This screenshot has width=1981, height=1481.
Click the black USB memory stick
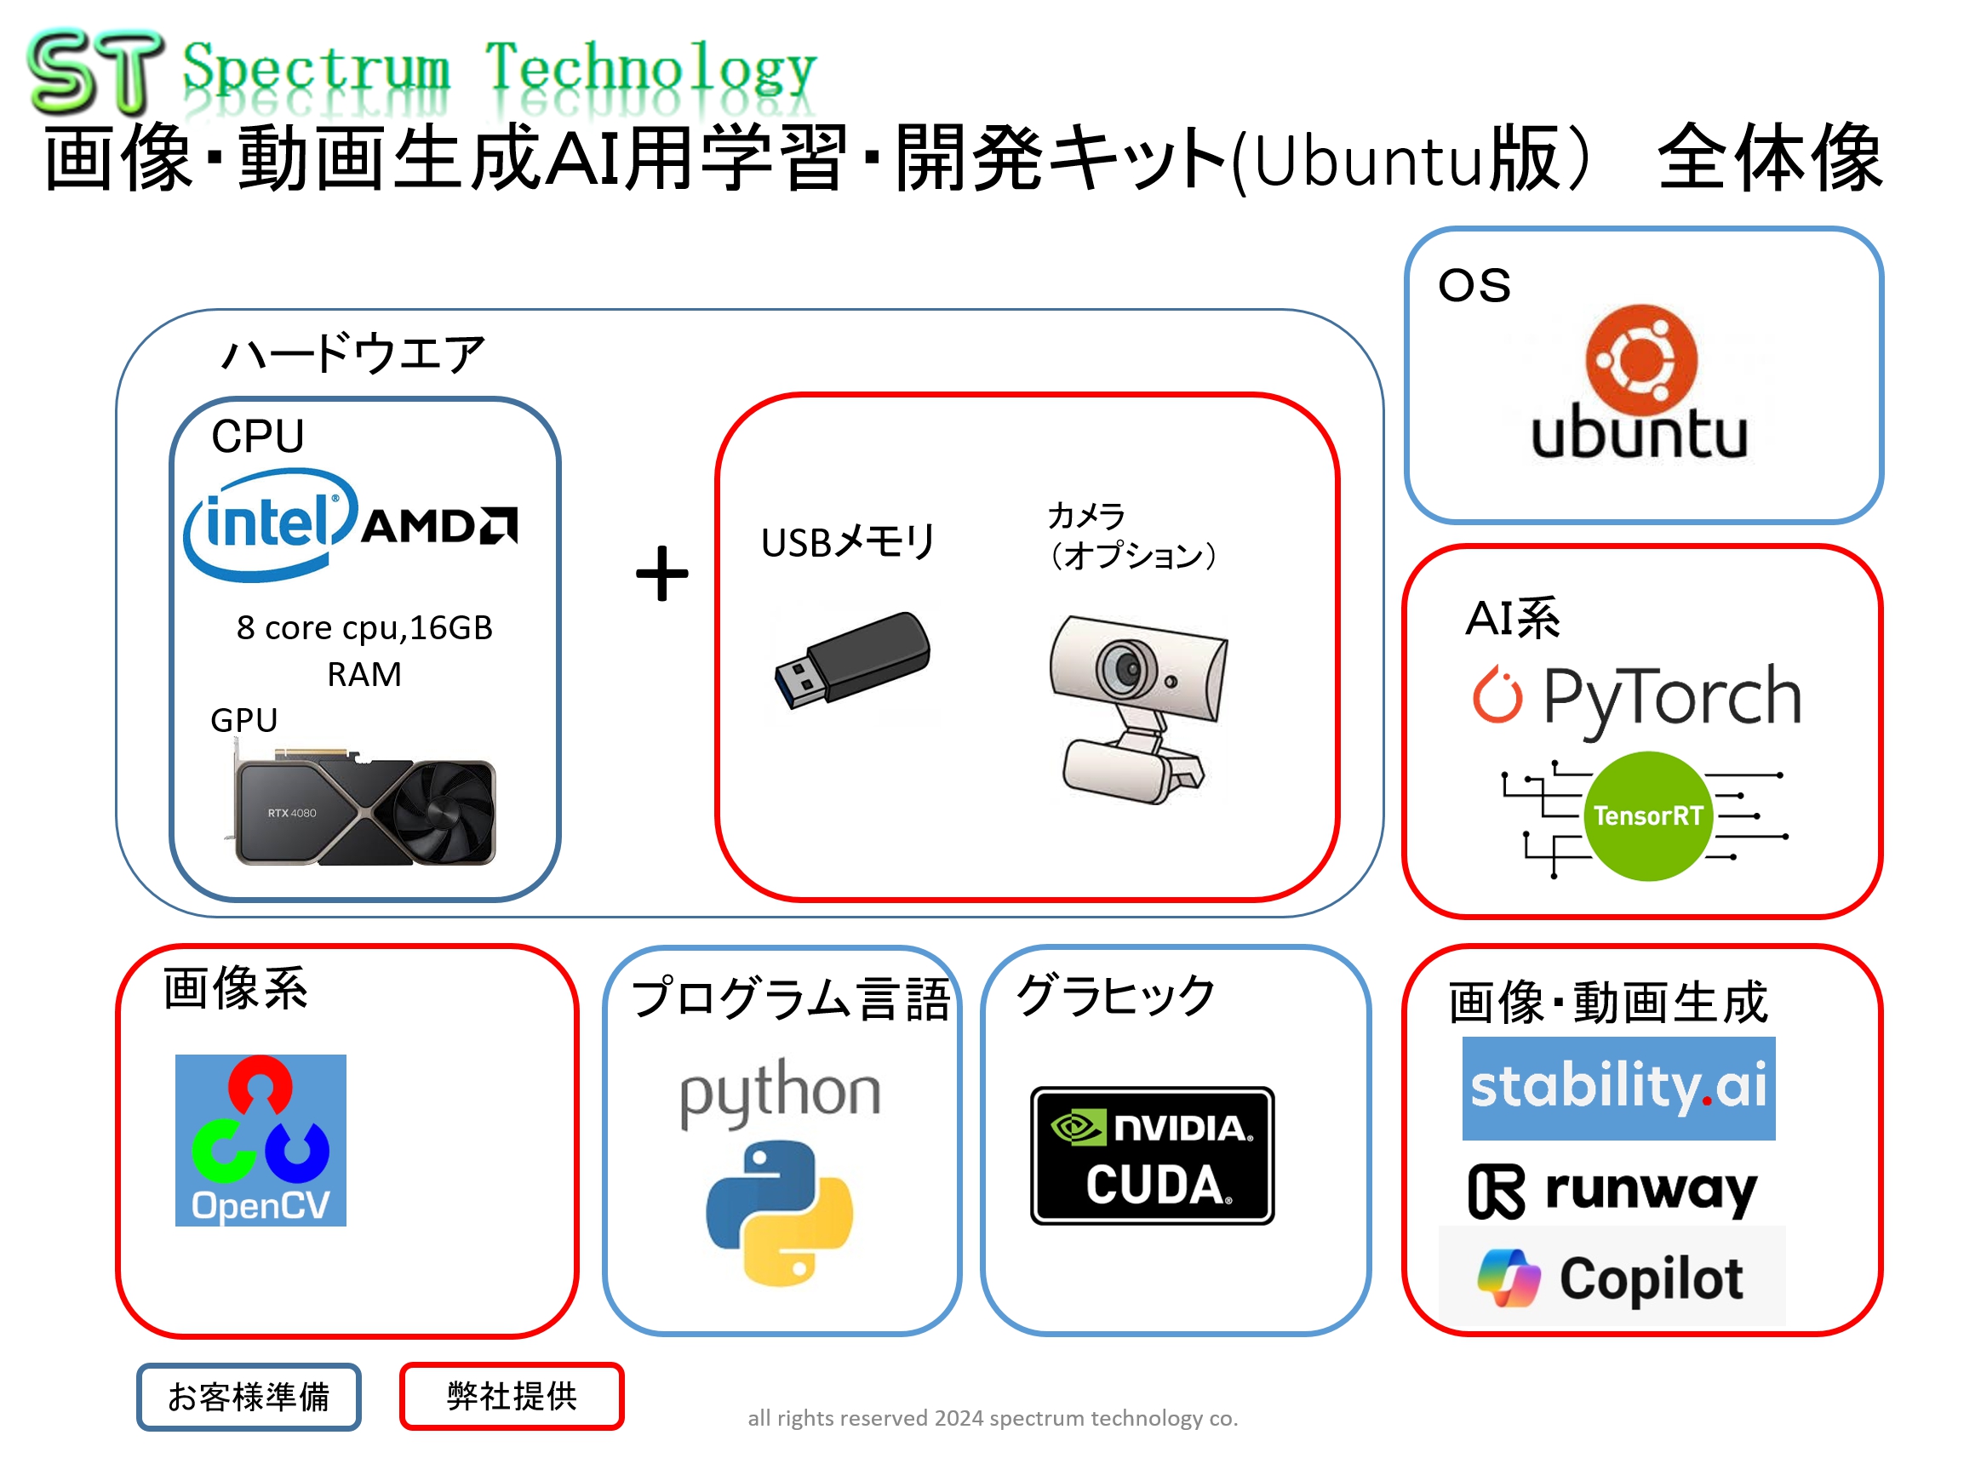(851, 659)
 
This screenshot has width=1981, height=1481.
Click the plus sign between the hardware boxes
(661, 573)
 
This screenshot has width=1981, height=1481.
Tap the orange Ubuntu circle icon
(1640, 360)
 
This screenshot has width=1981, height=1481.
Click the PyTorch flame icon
(1497, 694)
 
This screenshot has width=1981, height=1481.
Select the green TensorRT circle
(1648, 815)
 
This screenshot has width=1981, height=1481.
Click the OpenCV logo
(261, 1140)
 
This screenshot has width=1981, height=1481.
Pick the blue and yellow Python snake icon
(779, 1212)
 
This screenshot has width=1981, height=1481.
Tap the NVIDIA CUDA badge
(1152, 1155)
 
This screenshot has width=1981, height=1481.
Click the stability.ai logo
(1618, 1088)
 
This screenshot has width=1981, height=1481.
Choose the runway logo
(1613, 1191)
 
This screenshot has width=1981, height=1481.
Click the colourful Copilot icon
(1509, 1278)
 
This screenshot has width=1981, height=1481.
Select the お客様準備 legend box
(249, 1396)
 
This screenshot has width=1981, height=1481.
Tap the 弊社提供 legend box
(512, 1396)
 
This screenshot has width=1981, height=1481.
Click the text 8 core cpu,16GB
(364, 627)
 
